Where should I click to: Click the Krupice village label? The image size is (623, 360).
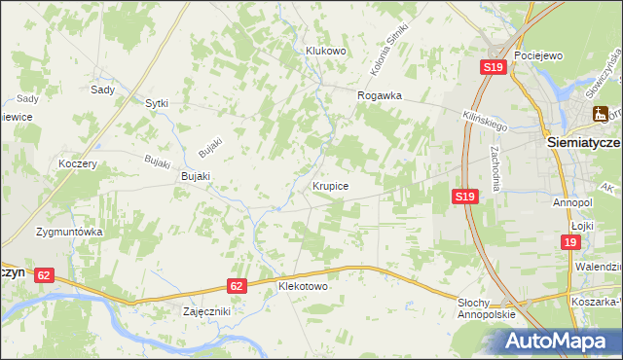tap(331, 185)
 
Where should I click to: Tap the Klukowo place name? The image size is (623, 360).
tap(326, 51)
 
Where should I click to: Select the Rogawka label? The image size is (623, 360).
tap(380, 95)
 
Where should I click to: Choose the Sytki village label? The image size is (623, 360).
tap(157, 102)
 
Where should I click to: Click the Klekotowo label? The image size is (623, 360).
tap(304, 287)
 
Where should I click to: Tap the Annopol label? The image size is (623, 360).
tap(572, 202)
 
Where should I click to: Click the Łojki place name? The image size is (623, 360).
tap(582, 225)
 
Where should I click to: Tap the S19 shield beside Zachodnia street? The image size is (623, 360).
tap(465, 197)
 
